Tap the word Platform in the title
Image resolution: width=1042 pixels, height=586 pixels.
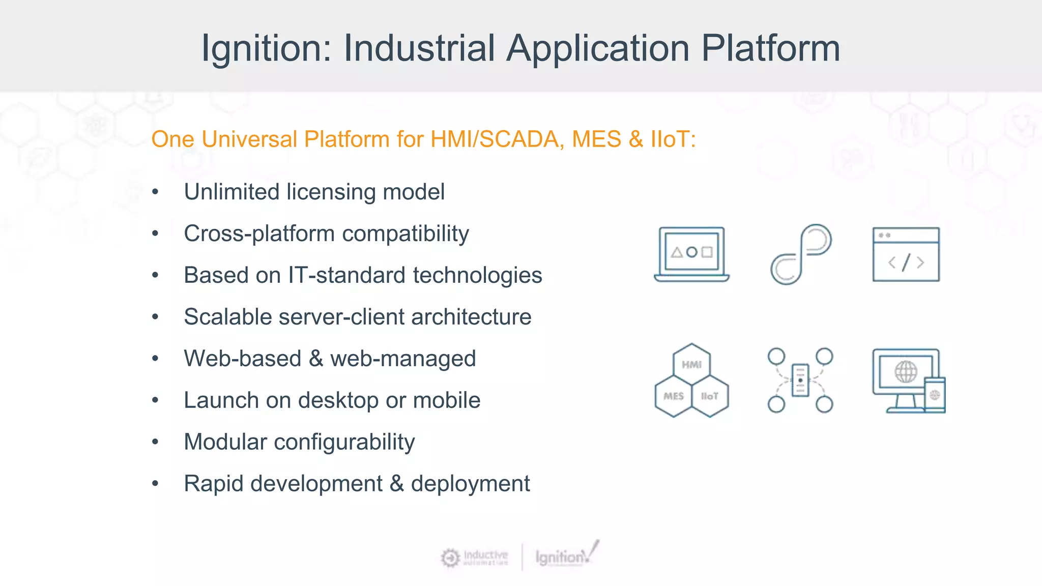tap(770, 49)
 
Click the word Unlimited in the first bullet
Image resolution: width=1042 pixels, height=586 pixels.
tap(231, 192)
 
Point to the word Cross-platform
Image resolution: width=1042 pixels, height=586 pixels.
tap(259, 234)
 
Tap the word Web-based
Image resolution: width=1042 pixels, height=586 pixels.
tap(242, 359)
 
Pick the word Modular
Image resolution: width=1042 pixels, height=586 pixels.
tap(225, 442)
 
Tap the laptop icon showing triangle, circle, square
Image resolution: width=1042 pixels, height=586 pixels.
tap(691, 254)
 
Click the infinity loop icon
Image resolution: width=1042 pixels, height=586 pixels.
tap(800, 254)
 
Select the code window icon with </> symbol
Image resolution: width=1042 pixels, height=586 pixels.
tap(906, 254)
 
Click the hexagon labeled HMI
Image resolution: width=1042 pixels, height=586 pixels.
tap(691, 364)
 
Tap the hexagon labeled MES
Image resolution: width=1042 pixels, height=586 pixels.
tap(673, 396)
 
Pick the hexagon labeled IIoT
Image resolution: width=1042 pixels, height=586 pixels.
tap(710, 396)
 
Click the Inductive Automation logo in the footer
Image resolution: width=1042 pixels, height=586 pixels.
tap(475, 558)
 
